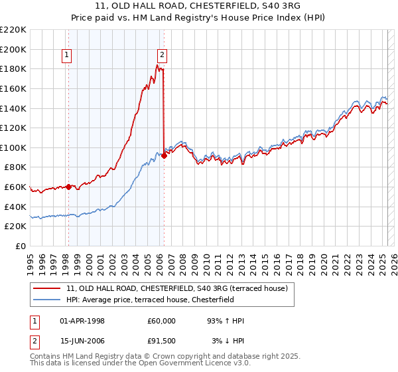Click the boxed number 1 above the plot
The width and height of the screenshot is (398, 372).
[x=68, y=56]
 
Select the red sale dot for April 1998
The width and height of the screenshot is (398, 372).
[x=68, y=187]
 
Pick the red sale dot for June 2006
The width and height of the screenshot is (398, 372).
[x=164, y=156]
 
